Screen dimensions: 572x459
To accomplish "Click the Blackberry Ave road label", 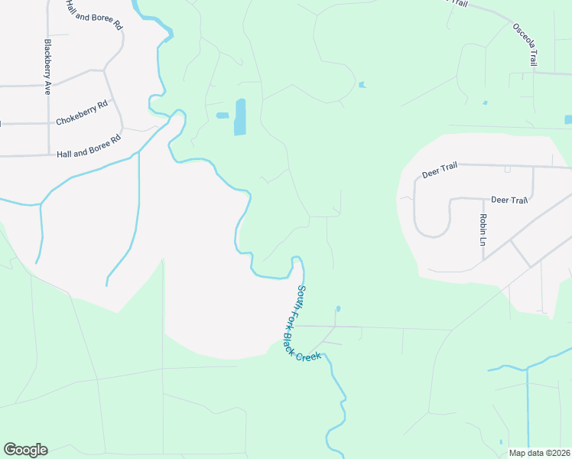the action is (x=47, y=67).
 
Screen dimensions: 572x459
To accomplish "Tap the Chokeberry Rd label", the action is (x=82, y=114).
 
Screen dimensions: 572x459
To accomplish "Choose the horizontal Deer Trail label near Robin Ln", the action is (x=509, y=200).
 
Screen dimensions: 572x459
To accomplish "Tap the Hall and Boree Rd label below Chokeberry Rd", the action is (x=89, y=147).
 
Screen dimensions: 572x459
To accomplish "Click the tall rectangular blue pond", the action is (x=240, y=117).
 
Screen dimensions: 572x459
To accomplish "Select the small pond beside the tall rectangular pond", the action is (x=223, y=116).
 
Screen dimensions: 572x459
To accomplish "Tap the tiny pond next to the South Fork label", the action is (x=337, y=309).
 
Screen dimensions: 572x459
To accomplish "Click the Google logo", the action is (x=25, y=450).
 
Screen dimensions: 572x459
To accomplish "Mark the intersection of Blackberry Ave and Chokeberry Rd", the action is (x=48, y=123).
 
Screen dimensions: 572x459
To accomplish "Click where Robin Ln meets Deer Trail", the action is (x=483, y=199).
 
